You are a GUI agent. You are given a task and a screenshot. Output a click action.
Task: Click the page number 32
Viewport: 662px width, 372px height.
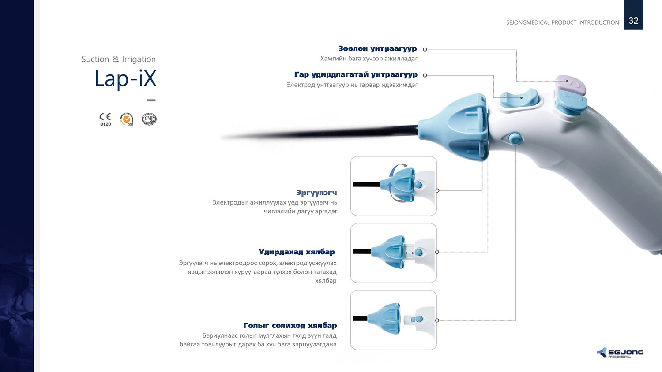tap(633, 20)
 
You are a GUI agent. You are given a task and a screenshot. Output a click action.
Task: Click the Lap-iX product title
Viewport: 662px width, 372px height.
tap(125, 78)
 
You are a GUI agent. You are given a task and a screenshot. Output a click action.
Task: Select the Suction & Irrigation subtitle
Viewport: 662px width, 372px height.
tap(119, 59)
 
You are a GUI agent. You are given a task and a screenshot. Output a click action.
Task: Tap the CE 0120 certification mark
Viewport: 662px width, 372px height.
tap(105, 119)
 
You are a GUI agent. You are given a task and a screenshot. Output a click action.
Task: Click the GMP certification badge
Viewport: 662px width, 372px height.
tap(149, 119)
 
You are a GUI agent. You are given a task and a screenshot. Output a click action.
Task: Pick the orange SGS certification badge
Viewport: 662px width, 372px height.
tap(127, 119)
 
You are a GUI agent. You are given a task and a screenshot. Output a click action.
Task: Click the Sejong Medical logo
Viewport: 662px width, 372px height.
tap(620, 353)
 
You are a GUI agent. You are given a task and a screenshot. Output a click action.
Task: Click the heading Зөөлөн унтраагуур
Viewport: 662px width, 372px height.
tap(377, 49)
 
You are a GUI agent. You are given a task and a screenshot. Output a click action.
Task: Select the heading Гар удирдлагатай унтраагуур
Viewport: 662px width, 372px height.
tap(356, 74)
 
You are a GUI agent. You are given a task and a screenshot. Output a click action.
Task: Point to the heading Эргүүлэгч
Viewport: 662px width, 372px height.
tap(316, 193)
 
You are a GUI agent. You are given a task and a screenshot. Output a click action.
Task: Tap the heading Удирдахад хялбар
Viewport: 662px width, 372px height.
tap(297, 252)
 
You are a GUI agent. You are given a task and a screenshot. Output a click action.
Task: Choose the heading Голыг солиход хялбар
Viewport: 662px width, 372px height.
tap(290, 325)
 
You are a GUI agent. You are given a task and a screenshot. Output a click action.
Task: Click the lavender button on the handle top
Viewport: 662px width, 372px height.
tap(570, 85)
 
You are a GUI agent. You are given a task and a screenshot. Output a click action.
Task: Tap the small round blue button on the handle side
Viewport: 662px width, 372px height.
tap(515, 138)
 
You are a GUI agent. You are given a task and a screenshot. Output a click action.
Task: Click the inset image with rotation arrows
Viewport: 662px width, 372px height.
tap(393, 186)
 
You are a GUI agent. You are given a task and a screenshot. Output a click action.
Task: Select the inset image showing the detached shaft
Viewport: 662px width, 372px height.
tap(393, 320)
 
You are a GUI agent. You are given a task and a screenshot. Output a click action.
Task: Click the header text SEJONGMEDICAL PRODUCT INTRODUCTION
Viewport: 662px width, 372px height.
tap(562, 22)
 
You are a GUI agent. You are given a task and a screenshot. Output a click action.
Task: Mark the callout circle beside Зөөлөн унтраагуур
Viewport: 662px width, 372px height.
tap(425, 49)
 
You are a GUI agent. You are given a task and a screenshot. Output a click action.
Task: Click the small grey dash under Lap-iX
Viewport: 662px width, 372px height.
tap(151, 100)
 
